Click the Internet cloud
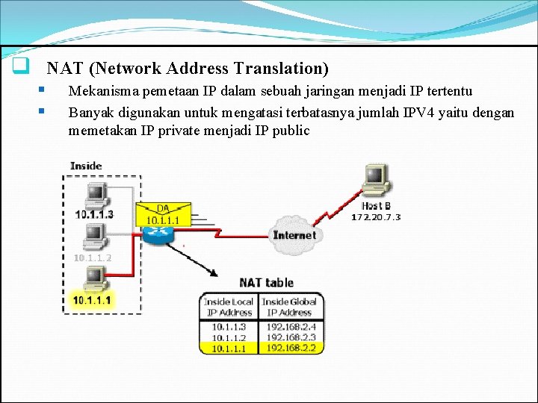point(294,234)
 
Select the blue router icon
point(158,234)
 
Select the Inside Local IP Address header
point(229,307)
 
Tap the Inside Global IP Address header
point(289,307)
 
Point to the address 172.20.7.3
point(376,217)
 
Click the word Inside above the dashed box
point(86,166)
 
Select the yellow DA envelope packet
point(162,214)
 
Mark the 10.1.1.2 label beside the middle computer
point(93,257)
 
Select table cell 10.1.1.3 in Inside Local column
point(229,326)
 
